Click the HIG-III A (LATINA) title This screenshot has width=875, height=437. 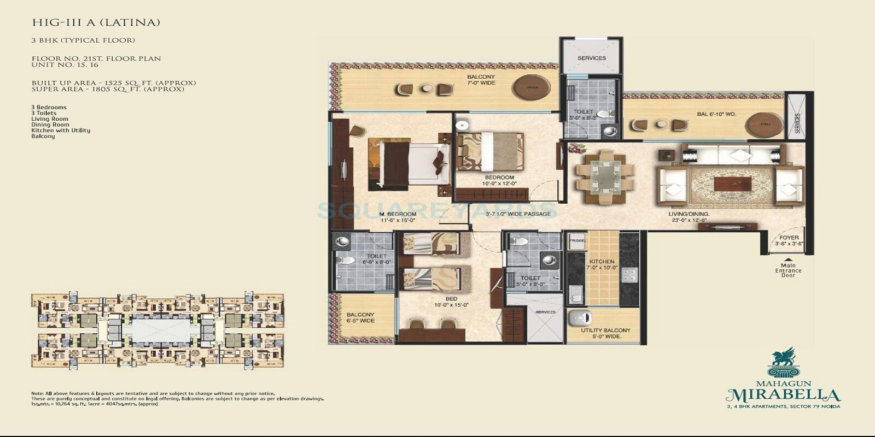96,23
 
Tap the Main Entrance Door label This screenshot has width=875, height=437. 788,270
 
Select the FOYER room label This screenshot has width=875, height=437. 789,240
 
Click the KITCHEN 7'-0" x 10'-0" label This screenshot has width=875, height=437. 602,264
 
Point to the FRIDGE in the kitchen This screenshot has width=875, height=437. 577,241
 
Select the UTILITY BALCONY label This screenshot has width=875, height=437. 605,333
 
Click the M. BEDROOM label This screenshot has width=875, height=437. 399,217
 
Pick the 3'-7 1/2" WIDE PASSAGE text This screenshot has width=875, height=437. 518,214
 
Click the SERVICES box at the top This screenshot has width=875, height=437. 591,58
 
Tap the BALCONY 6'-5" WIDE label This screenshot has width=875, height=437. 360,317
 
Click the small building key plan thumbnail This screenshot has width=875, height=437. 157,330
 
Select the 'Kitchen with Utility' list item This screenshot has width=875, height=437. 61,131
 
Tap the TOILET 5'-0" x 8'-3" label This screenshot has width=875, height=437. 583,115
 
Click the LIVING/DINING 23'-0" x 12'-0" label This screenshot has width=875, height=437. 689,217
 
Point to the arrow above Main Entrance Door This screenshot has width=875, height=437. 788,259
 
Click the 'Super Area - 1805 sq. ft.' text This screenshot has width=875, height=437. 108,89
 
